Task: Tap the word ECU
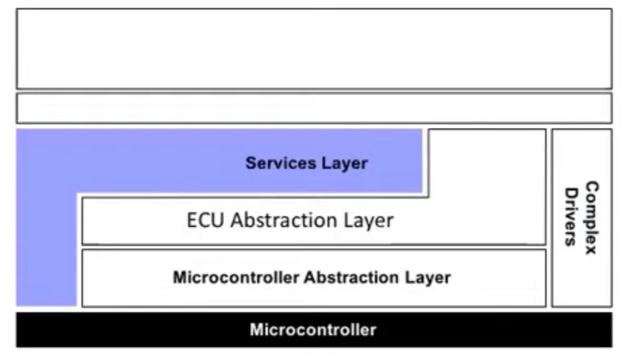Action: [x=207, y=220]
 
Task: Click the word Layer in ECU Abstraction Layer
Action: [x=369, y=220]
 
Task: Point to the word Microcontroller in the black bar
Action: [x=313, y=330]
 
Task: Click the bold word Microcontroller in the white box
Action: [x=236, y=278]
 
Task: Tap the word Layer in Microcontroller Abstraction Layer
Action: [x=428, y=278]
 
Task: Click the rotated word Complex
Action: [x=590, y=217]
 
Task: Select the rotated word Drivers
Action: [x=571, y=217]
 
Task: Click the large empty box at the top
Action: [x=314, y=49]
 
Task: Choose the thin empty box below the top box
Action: [x=314, y=108]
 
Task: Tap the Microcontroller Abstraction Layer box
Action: [x=314, y=295]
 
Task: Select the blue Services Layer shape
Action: [x=152, y=161]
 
